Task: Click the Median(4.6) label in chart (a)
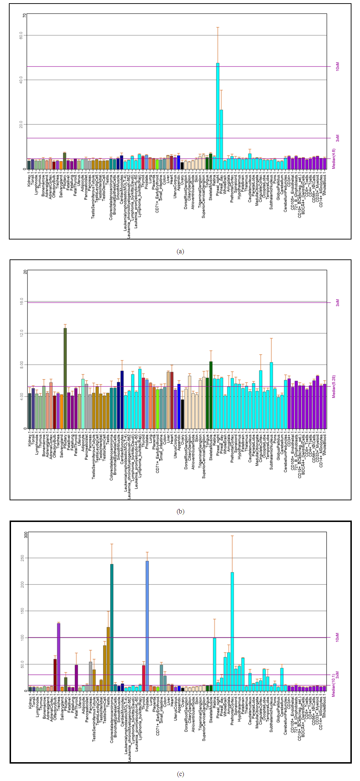(x=334, y=158)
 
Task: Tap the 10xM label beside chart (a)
(x=337, y=66)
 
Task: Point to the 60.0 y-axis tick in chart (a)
(x=21, y=35)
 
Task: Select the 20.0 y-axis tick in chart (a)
(x=21, y=124)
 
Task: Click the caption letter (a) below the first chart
(x=180, y=251)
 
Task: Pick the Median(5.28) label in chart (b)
(x=334, y=386)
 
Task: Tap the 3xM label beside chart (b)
(x=337, y=302)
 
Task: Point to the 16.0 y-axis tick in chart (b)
(x=22, y=301)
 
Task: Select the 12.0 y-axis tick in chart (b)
(x=22, y=333)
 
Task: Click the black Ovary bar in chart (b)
(x=182, y=414)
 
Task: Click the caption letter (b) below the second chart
(x=180, y=511)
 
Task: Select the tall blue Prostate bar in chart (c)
(x=147, y=626)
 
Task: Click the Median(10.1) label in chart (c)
(x=334, y=685)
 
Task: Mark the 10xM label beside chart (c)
(x=337, y=637)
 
